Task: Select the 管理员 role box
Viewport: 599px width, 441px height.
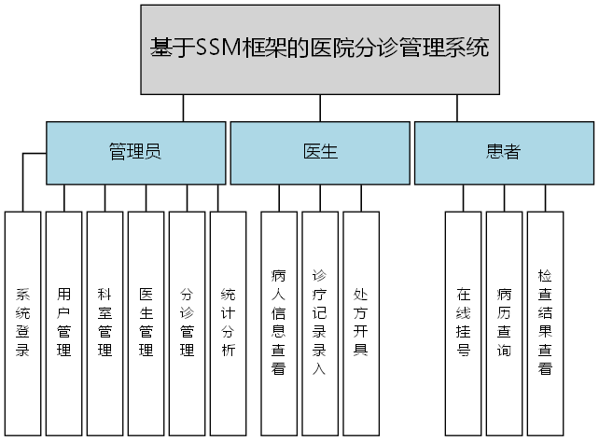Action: coord(135,153)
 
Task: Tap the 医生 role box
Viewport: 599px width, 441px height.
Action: coord(320,153)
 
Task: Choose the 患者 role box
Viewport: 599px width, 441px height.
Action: coord(503,153)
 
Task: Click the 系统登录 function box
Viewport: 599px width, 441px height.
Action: coord(23,323)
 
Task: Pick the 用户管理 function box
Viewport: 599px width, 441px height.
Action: coord(64,323)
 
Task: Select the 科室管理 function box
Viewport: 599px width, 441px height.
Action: coord(105,323)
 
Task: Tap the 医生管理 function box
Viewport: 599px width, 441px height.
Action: coord(146,323)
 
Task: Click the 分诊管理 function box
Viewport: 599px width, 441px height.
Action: coord(188,323)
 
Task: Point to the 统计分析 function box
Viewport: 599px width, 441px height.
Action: coord(229,323)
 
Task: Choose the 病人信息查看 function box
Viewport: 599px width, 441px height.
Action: coord(279,323)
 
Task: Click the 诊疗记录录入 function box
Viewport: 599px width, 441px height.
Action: coord(320,323)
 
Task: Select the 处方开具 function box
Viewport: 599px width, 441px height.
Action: coord(361,323)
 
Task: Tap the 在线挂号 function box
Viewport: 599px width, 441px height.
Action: coord(464,323)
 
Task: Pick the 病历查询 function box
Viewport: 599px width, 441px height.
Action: coord(505,323)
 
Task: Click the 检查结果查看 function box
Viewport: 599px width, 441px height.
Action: coord(546,323)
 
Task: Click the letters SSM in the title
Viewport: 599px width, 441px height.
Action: coord(217,48)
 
